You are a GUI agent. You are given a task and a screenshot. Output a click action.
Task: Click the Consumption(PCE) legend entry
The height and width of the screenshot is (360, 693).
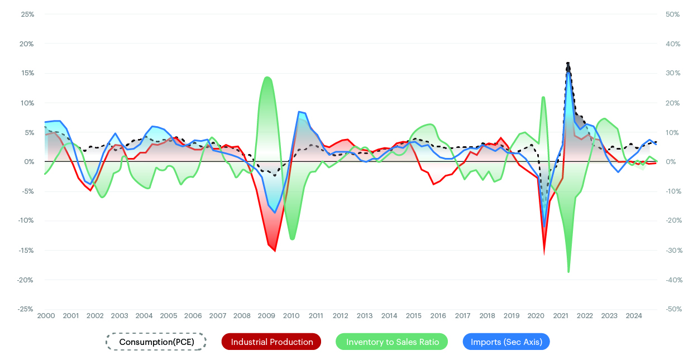tap(156, 342)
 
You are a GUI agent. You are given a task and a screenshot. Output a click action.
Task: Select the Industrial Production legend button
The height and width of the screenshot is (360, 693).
tap(271, 342)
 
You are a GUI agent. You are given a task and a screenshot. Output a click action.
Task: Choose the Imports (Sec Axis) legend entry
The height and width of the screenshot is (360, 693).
tap(506, 342)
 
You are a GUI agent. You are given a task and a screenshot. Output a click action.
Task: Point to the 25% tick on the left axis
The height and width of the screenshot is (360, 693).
tap(27, 14)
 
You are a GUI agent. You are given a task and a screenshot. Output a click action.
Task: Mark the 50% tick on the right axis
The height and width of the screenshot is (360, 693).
tap(672, 14)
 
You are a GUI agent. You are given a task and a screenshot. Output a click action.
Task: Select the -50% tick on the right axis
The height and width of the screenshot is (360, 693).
tap(672, 309)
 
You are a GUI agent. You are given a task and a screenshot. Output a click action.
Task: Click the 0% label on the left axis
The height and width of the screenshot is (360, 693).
tap(29, 162)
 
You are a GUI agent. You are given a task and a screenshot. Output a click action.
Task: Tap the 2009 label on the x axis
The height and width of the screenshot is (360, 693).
tap(266, 316)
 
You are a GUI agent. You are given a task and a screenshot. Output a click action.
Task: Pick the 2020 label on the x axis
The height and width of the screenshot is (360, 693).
tap(536, 316)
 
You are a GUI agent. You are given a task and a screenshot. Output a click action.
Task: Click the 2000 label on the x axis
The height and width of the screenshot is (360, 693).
tap(46, 316)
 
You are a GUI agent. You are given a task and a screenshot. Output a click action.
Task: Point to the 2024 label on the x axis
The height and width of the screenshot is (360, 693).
tap(634, 316)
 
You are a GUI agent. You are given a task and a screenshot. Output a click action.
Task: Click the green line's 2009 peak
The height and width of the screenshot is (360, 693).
tap(267, 77)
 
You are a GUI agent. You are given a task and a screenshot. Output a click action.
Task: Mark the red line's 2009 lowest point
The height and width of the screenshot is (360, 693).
tap(275, 251)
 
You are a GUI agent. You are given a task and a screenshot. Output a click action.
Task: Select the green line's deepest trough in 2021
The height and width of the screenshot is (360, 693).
tap(568, 272)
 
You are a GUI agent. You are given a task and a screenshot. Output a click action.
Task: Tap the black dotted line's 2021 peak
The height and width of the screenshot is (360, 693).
tap(568, 63)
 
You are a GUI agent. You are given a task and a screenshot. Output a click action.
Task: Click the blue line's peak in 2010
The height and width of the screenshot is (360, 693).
tap(299, 112)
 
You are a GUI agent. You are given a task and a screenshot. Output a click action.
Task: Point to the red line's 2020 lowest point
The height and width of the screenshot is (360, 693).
tap(544, 252)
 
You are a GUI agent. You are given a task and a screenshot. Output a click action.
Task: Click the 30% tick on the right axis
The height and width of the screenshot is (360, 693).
tap(672, 73)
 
